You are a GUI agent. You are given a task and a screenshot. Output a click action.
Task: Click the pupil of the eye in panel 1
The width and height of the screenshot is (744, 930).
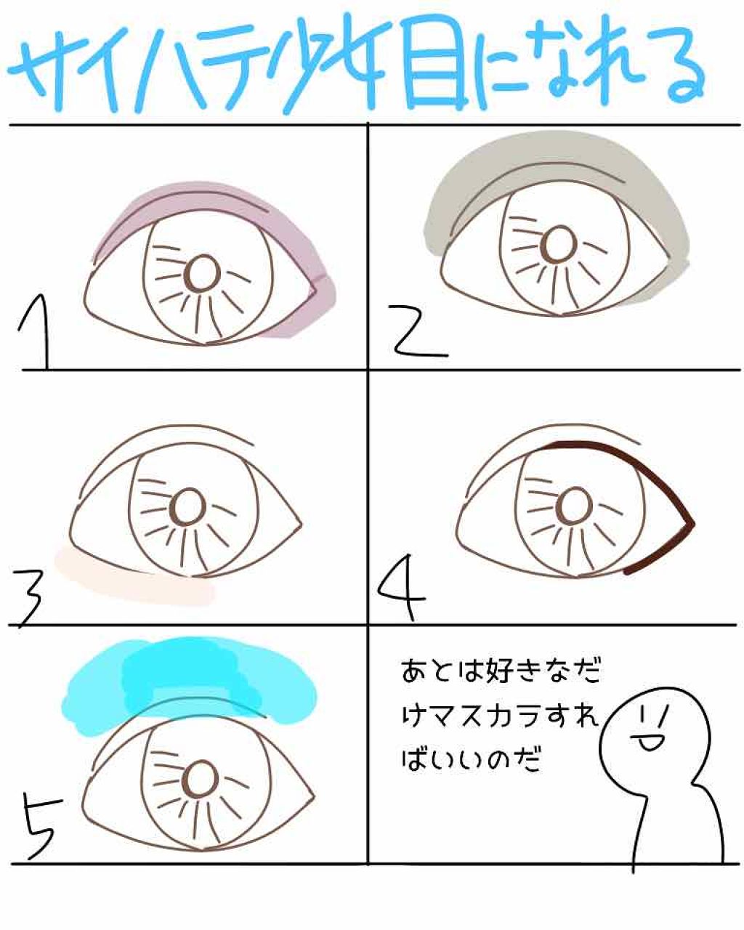pyautogui.click(x=202, y=275)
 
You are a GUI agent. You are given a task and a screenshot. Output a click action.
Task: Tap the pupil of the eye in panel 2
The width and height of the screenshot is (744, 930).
pyautogui.click(x=560, y=244)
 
